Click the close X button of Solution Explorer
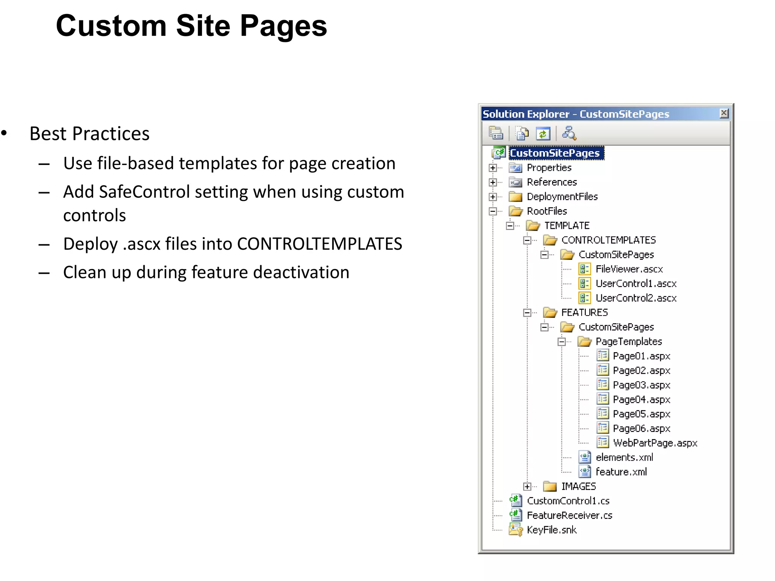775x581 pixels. (x=724, y=113)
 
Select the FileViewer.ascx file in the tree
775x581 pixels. (x=629, y=269)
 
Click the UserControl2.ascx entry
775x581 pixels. (x=636, y=298)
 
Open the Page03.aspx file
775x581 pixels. (x=641, y=385)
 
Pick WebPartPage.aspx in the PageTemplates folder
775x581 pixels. (x=655, y=443)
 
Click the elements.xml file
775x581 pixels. (x=624, y=458)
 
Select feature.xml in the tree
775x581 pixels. (x=621, y=472)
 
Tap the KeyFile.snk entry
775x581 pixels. (x=551, y=530)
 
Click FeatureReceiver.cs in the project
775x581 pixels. (x=569, y=516)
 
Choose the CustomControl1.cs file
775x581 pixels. (x=568, y=501)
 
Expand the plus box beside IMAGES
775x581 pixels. (x=527, y=486)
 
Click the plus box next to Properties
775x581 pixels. (x=493, y=168)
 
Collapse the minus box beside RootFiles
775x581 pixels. (x=493, y=211)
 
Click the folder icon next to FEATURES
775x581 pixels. (x=550, y=312)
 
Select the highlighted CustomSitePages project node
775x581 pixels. (x=554, y=153)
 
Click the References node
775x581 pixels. (x=551, y=182)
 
